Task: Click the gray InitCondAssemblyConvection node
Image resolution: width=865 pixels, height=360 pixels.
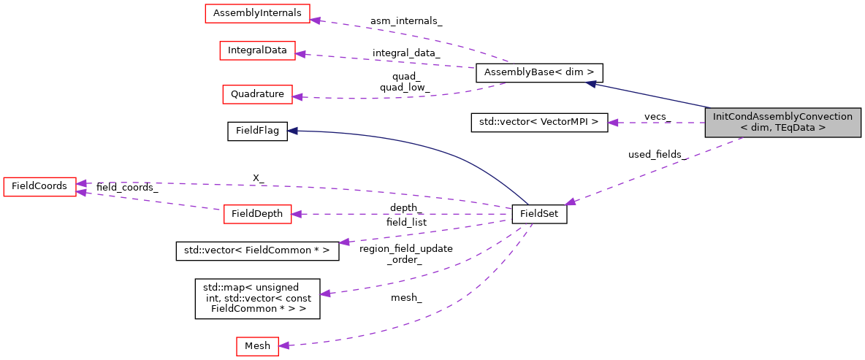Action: click(x=782, y=123)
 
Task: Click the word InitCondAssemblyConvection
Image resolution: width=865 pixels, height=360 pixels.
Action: click(x=782, y=117)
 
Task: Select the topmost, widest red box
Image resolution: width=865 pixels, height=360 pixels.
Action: click(x=257, y=14)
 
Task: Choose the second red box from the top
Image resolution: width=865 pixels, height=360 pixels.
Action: click(x=257, y=50)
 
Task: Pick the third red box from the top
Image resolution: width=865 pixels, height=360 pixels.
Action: click(x=257, y=94)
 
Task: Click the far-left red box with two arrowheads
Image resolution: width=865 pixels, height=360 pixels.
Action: click(x=39, y=187)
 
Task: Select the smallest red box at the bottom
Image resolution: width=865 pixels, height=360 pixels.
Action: click(x=257, y=346)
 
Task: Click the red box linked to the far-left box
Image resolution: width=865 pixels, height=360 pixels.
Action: click(x=257, y=214)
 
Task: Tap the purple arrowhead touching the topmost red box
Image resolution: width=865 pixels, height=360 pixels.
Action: click(x=316, y=20)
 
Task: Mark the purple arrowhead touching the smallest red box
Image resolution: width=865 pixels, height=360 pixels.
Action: click(x=284, y=345)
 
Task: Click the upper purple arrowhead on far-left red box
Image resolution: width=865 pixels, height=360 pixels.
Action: click(x=82, y=183)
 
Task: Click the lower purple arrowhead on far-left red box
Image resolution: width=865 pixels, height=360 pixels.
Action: click(x=82, y=193)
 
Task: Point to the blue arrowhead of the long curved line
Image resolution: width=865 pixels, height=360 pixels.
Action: click(x=291, y=131)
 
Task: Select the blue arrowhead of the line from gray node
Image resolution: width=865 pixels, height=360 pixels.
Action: click(x=590, y=84)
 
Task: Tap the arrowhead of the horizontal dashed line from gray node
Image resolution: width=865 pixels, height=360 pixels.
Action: click(x=612, y=123)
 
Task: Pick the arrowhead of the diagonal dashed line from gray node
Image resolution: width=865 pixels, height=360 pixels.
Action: click(x=570, y=202)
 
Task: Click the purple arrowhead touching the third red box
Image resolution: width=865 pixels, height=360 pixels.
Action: click(x=297, y=96)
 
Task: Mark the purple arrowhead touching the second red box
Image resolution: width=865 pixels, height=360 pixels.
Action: click(x=300, y=53)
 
